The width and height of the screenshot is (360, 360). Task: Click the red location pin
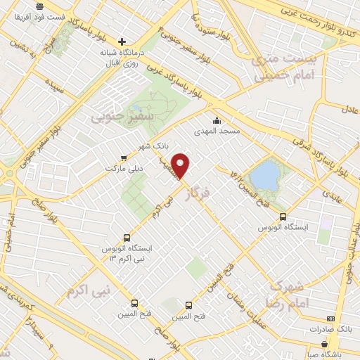click(x=181, y=167)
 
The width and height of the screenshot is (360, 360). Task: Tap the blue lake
click(x=264, y=175)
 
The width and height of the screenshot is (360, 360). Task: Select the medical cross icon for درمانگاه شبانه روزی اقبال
click(x=122, y=41)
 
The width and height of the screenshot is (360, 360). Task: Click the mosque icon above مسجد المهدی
click(x=218, y=121)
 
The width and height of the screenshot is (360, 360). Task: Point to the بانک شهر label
click(x=161, y=146)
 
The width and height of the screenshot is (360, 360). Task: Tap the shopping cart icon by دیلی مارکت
click(x=124, y=158)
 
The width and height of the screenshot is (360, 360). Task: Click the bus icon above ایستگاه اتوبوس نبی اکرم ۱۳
click(x=127, y=238)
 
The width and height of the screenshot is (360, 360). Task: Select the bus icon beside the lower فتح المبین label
click(x=188, y=305)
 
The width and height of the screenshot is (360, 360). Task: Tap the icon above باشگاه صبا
click(x=324, y=345)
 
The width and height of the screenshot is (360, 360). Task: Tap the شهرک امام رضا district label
click(x=285, y=294)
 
